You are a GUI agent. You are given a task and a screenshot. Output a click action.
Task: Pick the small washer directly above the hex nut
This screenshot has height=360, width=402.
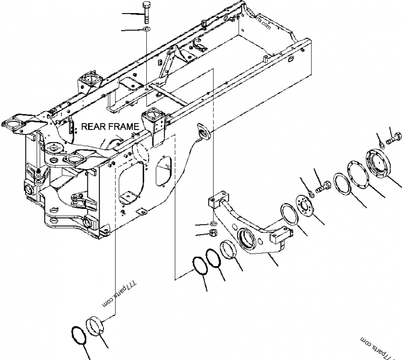coord(213,223)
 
